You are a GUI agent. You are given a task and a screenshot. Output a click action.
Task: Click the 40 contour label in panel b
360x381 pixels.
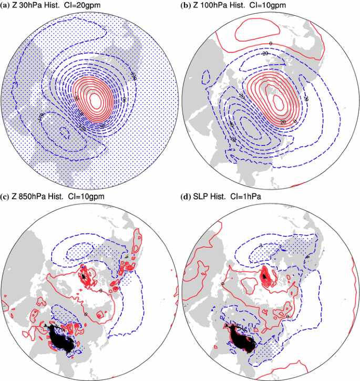coord(233,125)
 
